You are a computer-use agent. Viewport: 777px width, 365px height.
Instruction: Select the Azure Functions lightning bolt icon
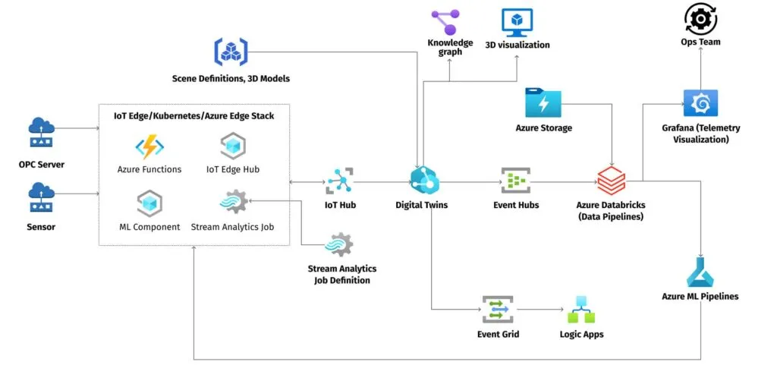149,146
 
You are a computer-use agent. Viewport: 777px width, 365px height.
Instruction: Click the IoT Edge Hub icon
232,146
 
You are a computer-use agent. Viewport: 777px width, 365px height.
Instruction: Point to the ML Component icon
149,203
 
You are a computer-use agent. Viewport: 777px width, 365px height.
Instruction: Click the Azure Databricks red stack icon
611,180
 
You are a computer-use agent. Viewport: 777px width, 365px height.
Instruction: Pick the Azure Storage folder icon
543,102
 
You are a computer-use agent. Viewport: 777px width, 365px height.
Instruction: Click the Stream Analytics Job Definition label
341,275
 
